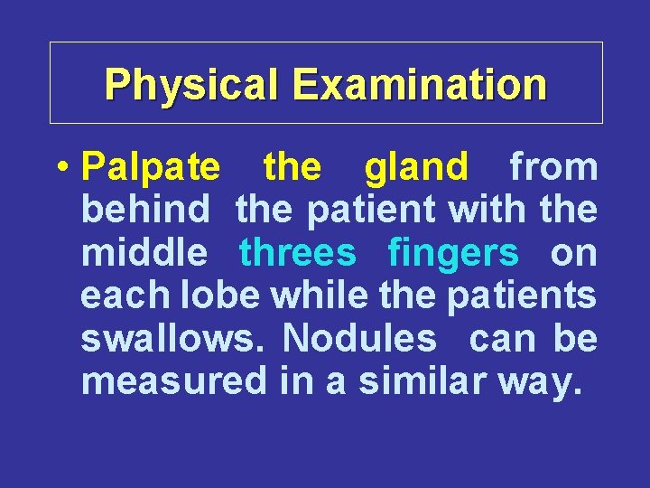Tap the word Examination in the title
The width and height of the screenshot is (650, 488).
pos(420,84)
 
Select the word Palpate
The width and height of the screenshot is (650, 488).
pos(150,167)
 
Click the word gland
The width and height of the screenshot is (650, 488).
pos(416,167)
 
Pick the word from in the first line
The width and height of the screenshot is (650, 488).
pos(553,167)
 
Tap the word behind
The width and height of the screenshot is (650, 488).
pos(145,211)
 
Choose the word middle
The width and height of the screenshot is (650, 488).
pos(144,253)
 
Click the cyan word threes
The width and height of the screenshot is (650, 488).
pos(298,253)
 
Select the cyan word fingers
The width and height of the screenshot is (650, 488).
pos(453,255)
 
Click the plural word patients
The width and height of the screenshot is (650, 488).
pos(518,296)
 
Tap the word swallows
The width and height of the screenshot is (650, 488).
pos(176,339)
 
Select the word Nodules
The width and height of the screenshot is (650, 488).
pos(358,339)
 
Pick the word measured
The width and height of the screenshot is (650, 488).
pos(174,381)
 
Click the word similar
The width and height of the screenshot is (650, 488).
pos(421,381)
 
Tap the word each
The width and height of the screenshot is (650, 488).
pos(121,296)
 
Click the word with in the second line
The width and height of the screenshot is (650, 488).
pos(487,211)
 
